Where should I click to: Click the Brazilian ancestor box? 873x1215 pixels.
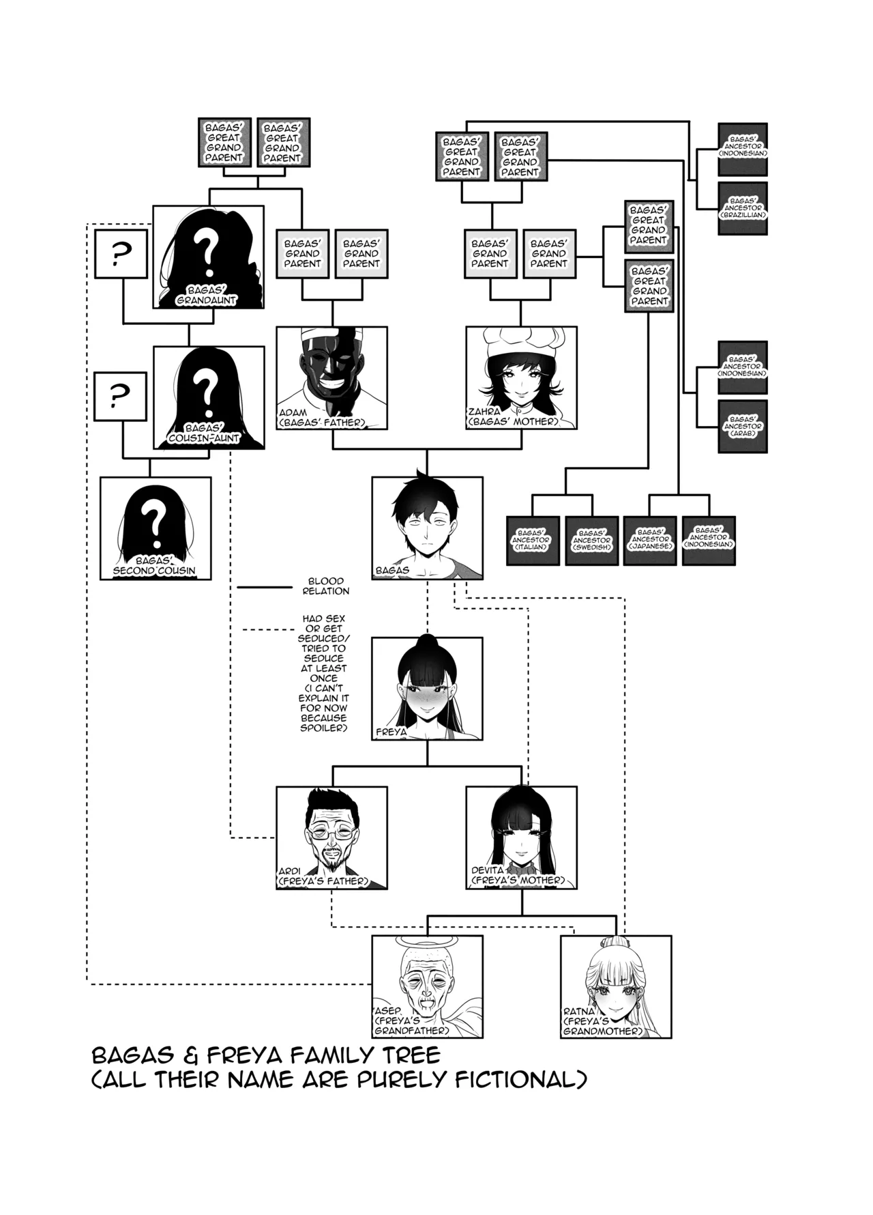click(x=743, y=208)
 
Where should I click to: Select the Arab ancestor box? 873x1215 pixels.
click(x=743, y=427)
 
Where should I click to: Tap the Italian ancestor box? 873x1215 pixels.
click(x=533, y=541)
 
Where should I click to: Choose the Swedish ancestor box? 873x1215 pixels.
click(x=591, y=541)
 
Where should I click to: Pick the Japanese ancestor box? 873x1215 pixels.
click(x=650, y=541)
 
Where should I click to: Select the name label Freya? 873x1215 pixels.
click(x=391, y=732)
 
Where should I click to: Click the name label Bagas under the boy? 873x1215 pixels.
click(x=393, y=570)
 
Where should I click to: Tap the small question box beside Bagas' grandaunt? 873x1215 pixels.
click(x=121, y=254)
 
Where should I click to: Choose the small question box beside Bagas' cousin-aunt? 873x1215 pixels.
click(x=120, y=396)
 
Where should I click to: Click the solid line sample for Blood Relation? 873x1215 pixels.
click(x=264, y=586)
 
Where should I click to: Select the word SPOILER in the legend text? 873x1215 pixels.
click(x=324, y=728)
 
